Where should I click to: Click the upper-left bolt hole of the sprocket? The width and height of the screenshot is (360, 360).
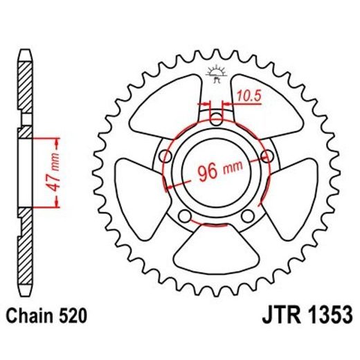[164, 155]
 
